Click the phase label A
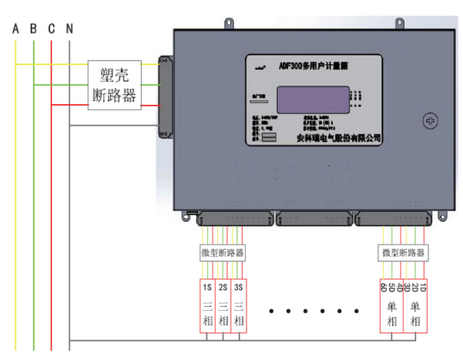pyautogui.click(x=15, y=29)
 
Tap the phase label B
pyautogui.click(x=33, y=29)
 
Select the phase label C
pyautogui.click(x=51, y=29)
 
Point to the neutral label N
pyautogui.click(x=69, y=29)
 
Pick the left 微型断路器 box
pyautogui.click(x=222, y=252)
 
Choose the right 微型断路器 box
pyautogui.click(x=403, y=252)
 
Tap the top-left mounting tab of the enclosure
pyautogui.click(x=228, y=25)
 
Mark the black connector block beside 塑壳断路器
pyautogui.click(x=165, y=93)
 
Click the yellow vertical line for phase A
pyautogui.click(x=15, y=193)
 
